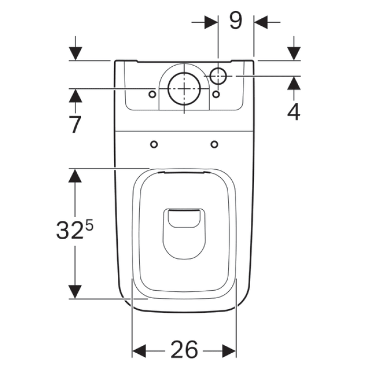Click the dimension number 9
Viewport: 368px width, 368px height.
236,21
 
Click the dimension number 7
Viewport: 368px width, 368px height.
75,124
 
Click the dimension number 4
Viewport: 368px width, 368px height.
293,111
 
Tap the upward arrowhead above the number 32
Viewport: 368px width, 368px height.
76,176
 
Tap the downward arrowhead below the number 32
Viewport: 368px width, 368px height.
76,291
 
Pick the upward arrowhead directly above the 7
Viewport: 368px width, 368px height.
76,96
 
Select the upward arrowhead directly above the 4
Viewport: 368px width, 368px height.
293,84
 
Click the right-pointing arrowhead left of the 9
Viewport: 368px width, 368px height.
211,22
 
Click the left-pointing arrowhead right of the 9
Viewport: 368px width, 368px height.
261,22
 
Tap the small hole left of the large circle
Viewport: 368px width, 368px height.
152,94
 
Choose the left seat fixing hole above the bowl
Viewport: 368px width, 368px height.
154,144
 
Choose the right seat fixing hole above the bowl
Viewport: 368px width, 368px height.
214,144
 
